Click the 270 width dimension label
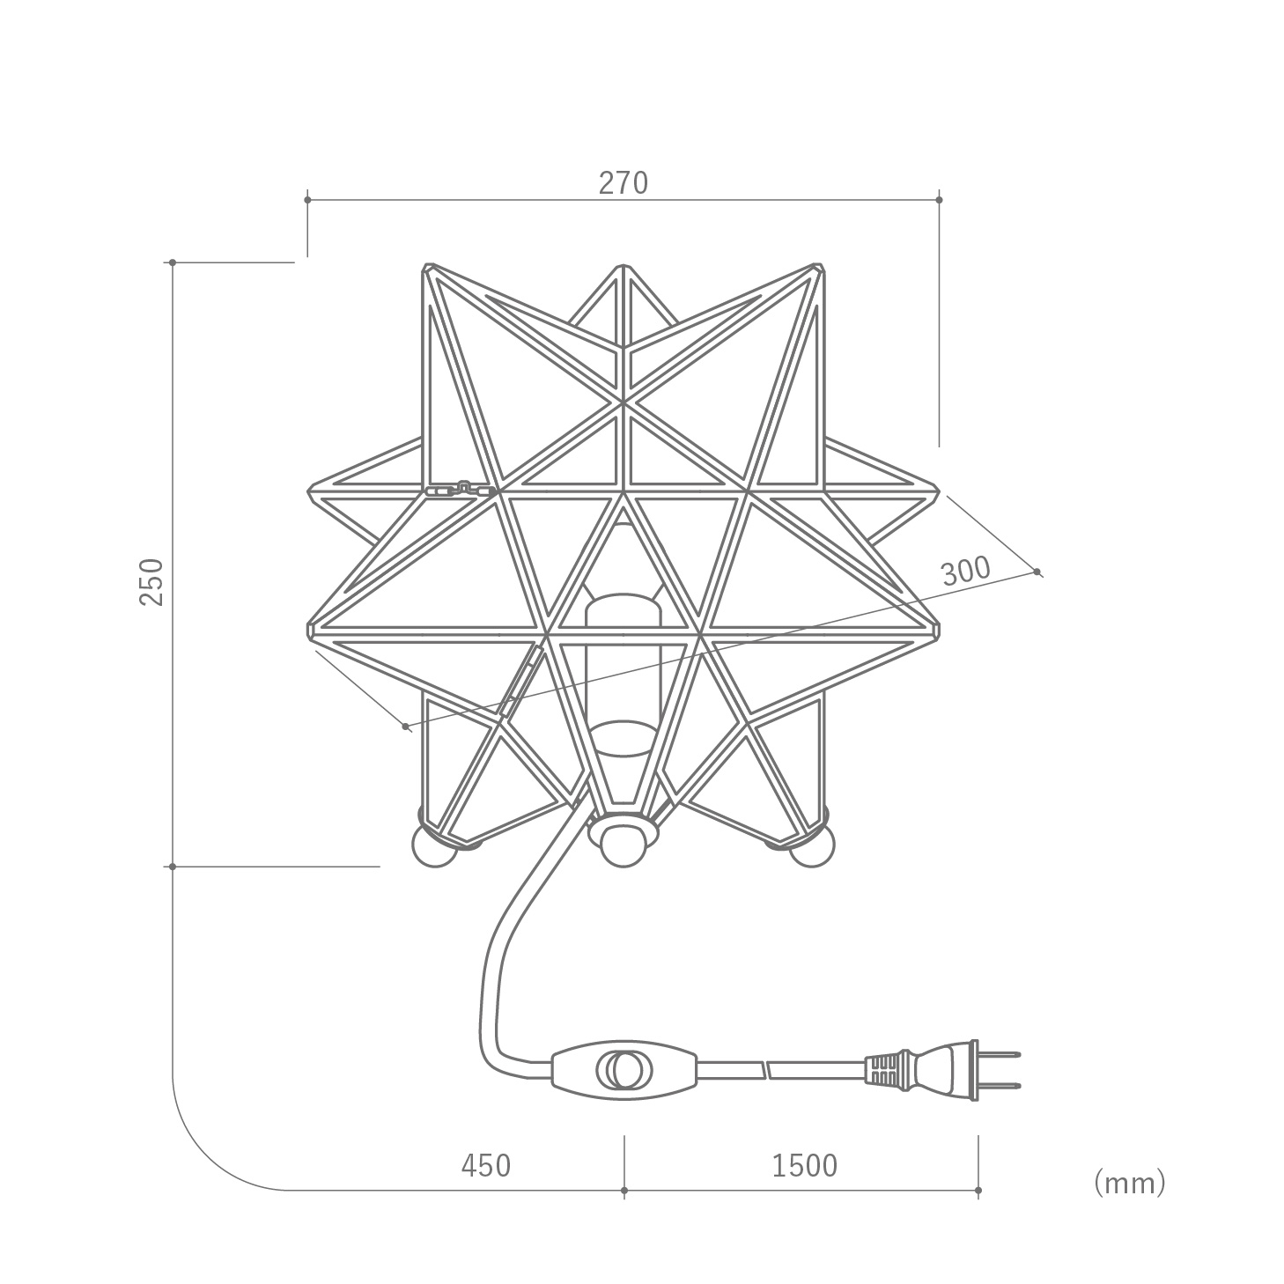click(623, 183)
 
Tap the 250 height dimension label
click(152, 582)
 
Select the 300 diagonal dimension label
click(965, 571)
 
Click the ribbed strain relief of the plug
click(883, 1071)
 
